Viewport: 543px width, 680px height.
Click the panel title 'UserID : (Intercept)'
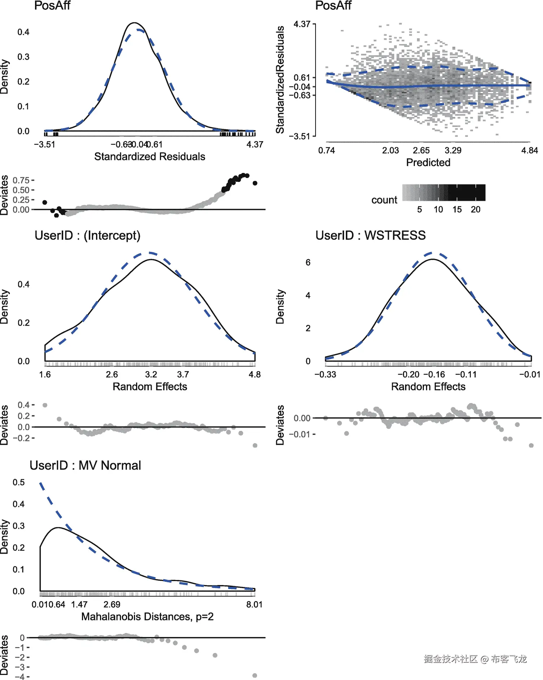pos(87,235)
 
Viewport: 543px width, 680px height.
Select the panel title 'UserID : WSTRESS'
pos(370,235)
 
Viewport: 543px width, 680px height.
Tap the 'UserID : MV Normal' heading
pos(85,465)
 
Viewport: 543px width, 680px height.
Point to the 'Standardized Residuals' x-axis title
pos(149,157)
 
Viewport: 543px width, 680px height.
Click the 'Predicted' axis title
pos(428,162)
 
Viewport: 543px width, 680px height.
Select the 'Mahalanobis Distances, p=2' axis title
pos(147,616)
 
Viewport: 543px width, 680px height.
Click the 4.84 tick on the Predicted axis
pos(529,151)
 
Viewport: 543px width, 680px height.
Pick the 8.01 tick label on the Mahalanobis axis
pos(254,605)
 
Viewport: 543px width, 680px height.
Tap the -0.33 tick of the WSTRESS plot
pos(325,375)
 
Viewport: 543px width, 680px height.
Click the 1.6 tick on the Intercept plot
pos(45,375)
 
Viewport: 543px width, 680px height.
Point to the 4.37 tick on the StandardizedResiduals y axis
pos(302,24)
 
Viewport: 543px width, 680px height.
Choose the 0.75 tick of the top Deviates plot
pos(21,180)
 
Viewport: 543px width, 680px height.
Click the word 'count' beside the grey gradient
pos(384,200)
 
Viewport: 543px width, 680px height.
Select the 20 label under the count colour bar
pos(475,209)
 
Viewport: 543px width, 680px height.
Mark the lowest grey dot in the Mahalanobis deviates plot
pos(255,675)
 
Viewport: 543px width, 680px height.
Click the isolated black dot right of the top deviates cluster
pos(255,183)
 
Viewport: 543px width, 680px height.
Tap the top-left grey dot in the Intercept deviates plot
pos(45,405)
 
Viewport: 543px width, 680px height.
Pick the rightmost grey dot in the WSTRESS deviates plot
pos(531,445)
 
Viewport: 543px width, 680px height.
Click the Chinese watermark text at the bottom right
pos(475,659)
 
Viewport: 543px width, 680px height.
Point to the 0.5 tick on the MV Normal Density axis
pos(19,483)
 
